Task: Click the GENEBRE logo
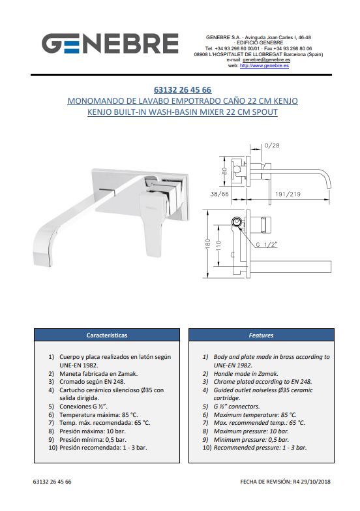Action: [x=110, y=43]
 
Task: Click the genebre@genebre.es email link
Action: [x=266, y=60]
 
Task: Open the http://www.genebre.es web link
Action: [x=264, y=65]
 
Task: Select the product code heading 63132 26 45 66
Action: [x=183, y=90]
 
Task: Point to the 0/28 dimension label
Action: [x=272, y=146]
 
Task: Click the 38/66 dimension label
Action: [x=219, y=194]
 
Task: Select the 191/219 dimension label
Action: [x=288, y=194]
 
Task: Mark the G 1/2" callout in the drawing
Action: [x=266, y=245]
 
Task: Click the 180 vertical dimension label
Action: [x=209, y=244]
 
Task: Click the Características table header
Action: [x=107, y=335]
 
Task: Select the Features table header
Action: [x=261, y=335]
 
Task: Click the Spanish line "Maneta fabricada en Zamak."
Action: [x=98, y=374]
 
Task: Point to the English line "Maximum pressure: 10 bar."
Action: [x=251, y=431]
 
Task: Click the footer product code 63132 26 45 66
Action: [x=52, y=482]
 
